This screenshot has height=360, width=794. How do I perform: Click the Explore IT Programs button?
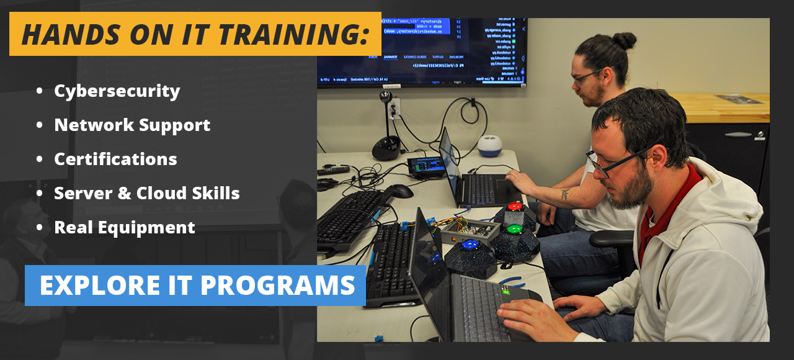click(x=195, y=286)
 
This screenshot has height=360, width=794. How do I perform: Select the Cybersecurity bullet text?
click(x=117, y=91)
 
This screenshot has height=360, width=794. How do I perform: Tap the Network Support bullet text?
click(x=132, y=125)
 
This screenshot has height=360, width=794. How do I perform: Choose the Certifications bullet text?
click(x=115, y=160)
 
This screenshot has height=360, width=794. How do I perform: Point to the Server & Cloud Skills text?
click(x=147, y=194)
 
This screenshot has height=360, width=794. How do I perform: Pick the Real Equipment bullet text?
click(x=125, y=228)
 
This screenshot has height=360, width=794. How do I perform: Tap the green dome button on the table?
click(x=515, y=230)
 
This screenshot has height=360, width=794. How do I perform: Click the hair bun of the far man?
click(x=624, y=41)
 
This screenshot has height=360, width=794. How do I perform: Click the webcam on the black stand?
click(x=386, y=97)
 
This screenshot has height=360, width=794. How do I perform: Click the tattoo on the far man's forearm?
click(x=565, y=195)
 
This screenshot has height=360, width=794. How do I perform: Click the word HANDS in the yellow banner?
click(x=62, y=35)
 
